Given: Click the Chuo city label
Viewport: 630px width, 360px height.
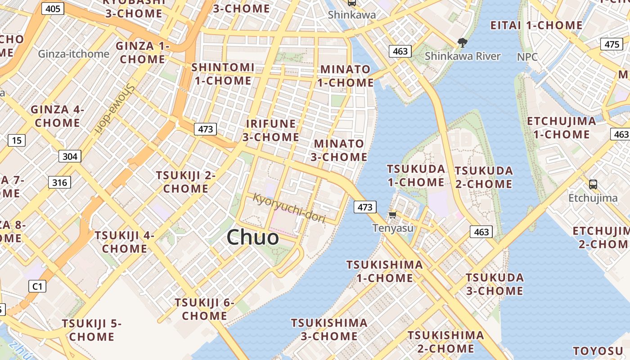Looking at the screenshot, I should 252,237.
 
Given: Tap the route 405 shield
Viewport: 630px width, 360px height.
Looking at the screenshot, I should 53,8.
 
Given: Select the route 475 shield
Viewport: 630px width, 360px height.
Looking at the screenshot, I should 612,44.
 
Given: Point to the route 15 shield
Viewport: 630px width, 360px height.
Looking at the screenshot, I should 16,140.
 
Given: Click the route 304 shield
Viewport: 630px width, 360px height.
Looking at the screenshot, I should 70,156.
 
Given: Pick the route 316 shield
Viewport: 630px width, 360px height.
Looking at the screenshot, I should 59,182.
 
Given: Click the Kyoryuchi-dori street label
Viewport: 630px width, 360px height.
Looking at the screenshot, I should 288,207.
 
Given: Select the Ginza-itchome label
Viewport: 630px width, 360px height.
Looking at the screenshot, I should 73,54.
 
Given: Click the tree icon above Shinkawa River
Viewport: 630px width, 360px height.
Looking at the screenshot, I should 462,43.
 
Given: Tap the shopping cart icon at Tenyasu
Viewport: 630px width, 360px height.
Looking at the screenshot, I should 392,215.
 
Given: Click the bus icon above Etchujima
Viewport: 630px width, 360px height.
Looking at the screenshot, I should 593,184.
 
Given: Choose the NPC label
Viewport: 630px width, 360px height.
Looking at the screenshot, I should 527,57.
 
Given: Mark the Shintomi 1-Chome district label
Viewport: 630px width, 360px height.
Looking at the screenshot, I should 223,74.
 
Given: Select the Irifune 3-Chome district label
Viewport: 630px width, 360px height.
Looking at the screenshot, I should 270,130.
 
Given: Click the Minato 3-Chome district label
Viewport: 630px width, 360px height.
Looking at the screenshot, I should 340,150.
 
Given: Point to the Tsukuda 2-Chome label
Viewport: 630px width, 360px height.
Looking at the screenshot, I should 484,177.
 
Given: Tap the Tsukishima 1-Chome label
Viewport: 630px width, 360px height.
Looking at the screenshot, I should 385,271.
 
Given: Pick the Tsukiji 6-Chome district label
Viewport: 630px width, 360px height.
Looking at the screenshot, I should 205,309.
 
